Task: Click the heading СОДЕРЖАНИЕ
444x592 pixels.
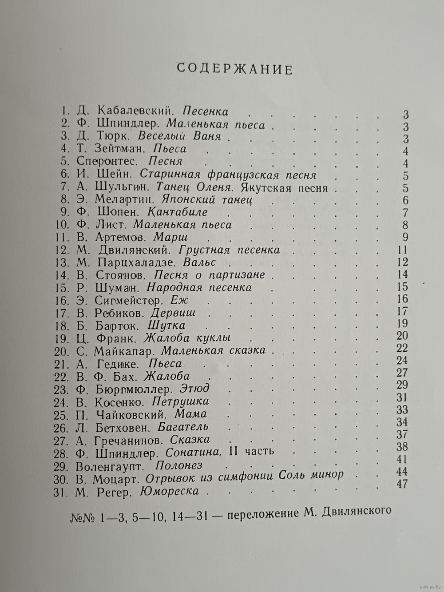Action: pyautogui.click(x=234, y=69)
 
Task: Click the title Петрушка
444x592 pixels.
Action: pyautogui.click(x=180, y=402)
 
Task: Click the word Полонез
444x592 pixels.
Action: pyautogui.click(x=179, y=466)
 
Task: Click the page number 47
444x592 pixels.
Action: pyautogui.click(x=402, y=484)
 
